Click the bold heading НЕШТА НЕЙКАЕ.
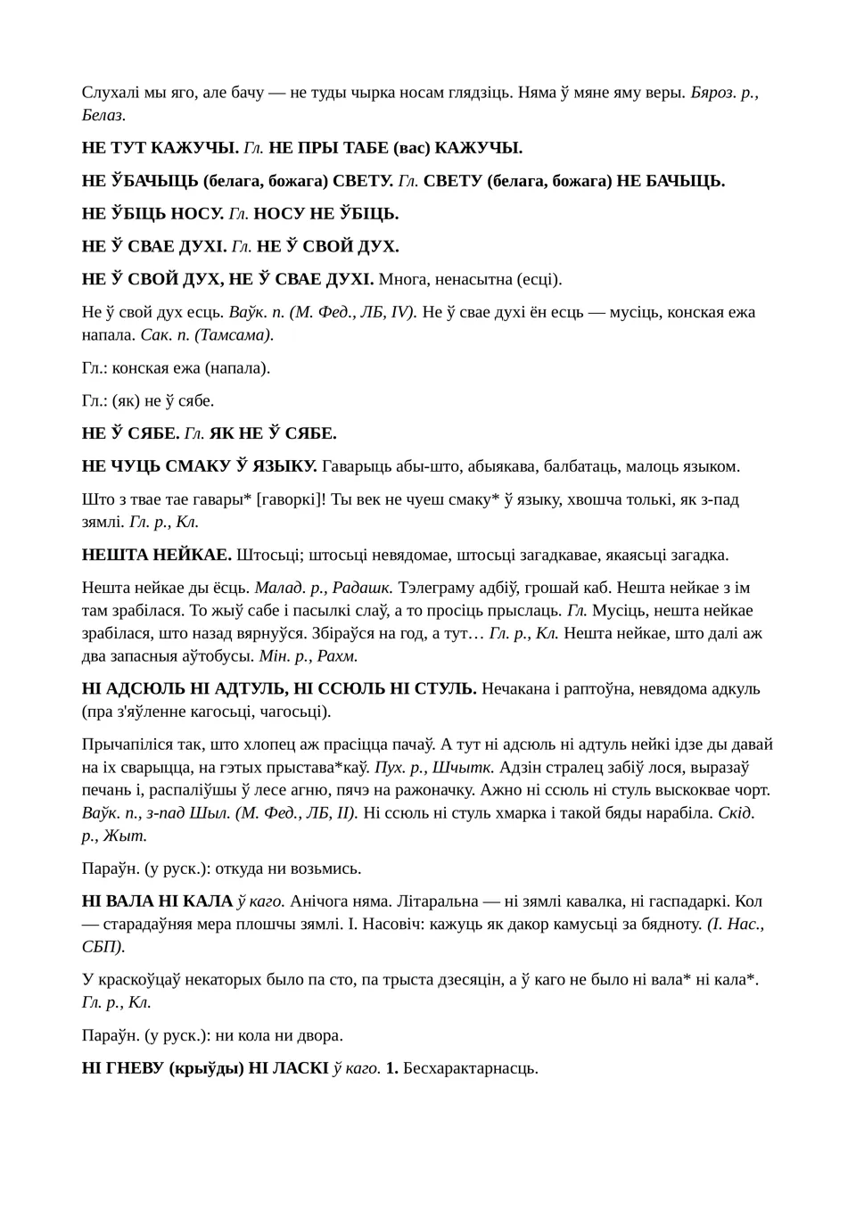[156, 555]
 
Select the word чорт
[750, 789]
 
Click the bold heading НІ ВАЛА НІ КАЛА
[157, 901]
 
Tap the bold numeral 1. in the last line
[391, 1068]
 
